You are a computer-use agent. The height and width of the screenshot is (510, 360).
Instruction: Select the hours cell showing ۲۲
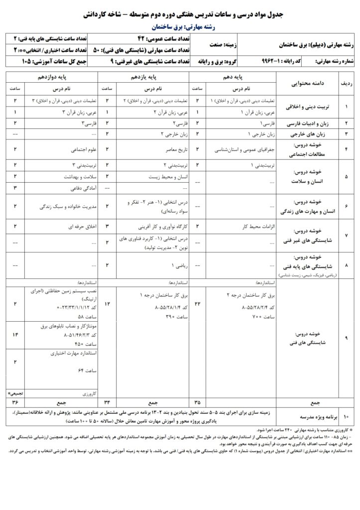click(198, 304)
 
